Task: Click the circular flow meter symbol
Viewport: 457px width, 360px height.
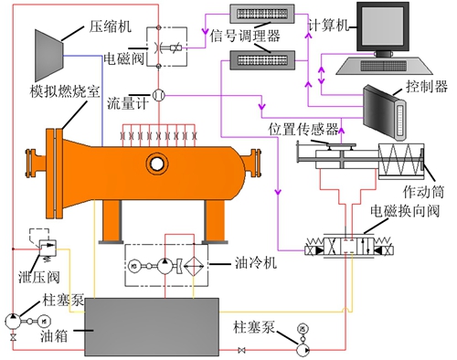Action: click(x=158, y=94)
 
